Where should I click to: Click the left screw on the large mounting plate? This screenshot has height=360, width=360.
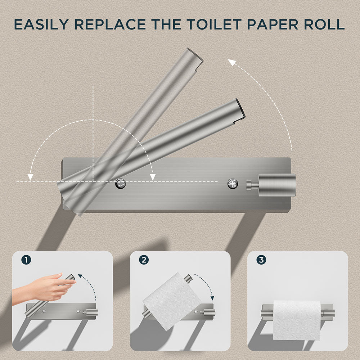coord(121,184)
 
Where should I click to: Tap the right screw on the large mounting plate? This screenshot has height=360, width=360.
coord(233,184)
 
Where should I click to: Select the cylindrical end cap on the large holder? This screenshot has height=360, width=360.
coord(277,185)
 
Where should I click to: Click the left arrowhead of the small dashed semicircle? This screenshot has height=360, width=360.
coord(31,177)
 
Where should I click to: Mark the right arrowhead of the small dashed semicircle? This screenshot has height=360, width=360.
coord(153,176)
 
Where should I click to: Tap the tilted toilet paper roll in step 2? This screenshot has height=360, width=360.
coord(172,301)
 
